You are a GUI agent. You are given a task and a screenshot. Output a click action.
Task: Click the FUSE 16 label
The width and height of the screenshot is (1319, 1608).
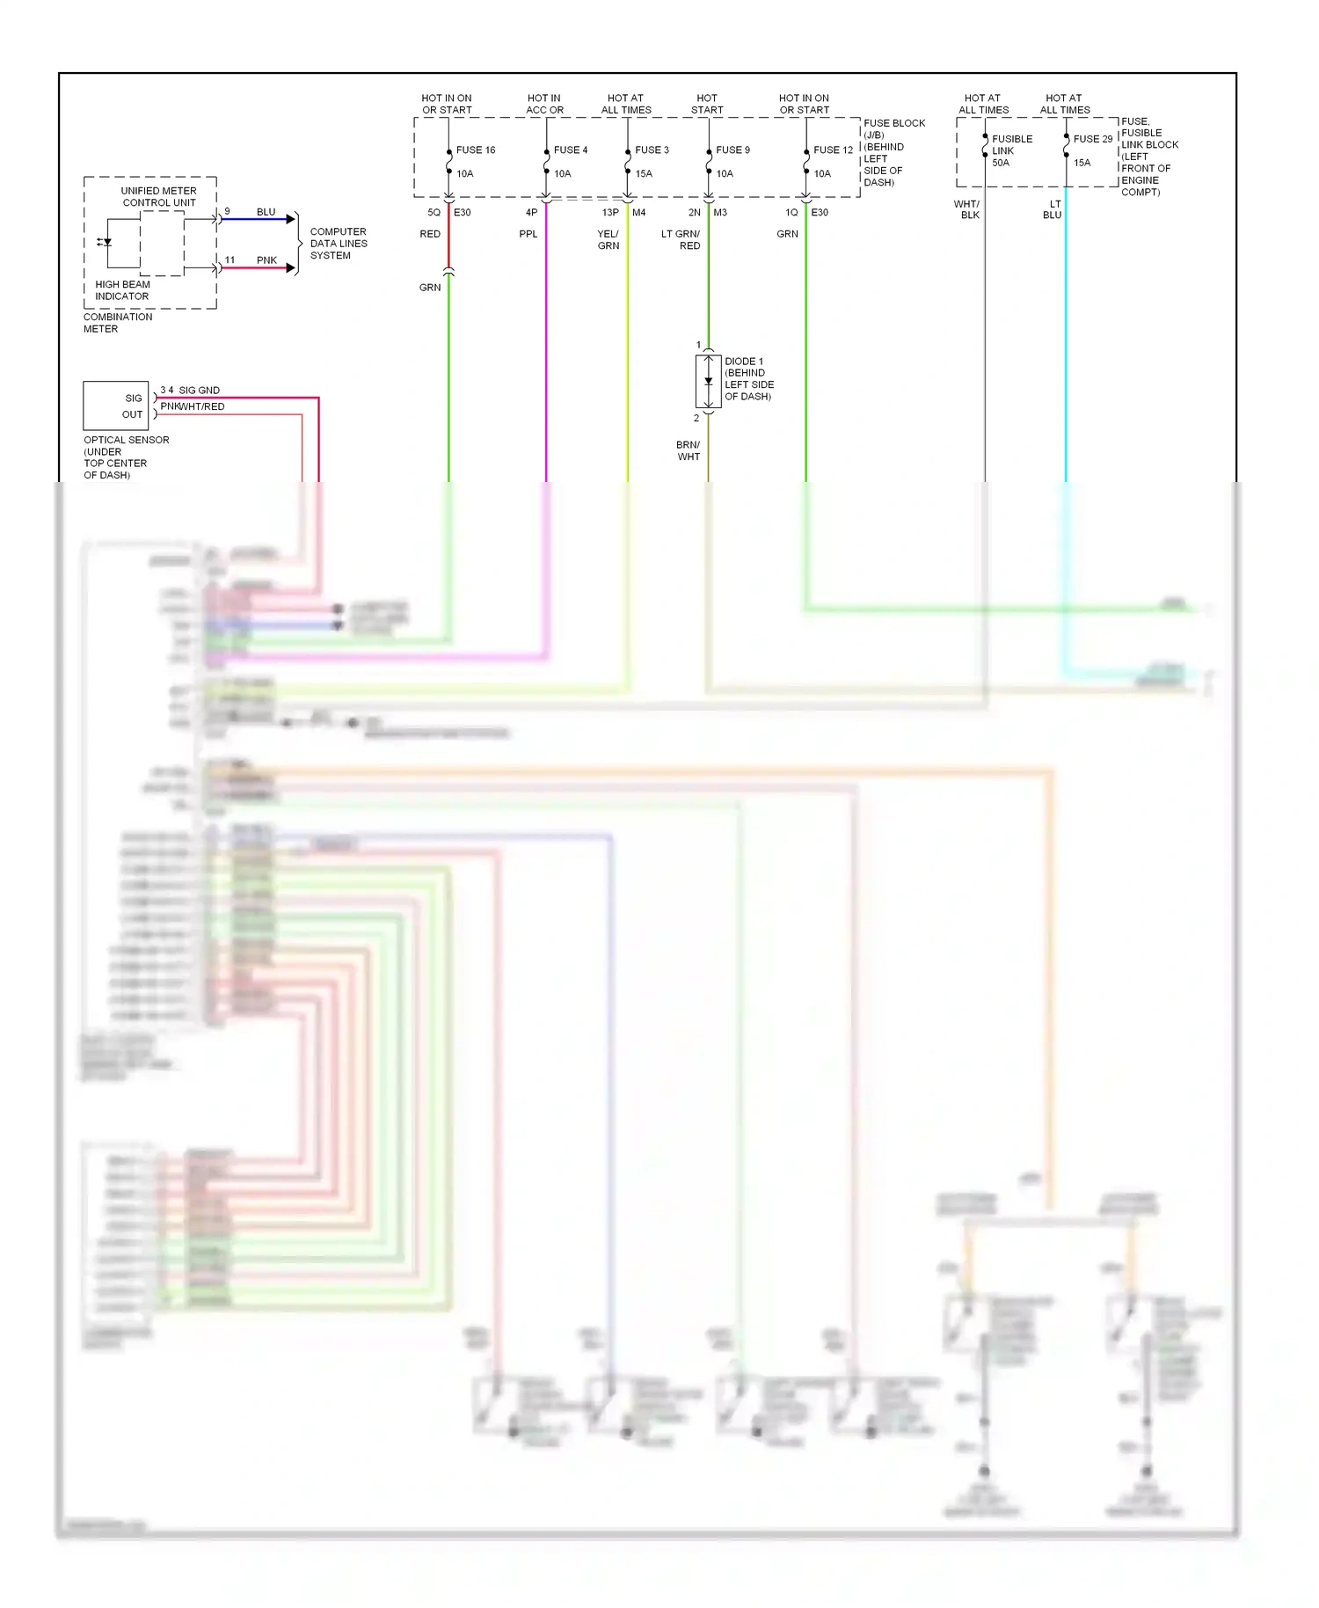(x=475, y=150)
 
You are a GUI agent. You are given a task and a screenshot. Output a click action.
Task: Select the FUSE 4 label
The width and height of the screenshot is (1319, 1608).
(x=570, y=150)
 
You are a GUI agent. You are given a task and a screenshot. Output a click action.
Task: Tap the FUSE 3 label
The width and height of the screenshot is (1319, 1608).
(x=652, y=150)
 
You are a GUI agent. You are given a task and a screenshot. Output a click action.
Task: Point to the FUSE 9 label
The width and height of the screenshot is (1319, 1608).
(x=732, y=150)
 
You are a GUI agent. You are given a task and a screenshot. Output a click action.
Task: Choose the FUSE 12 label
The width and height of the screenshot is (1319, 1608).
(x=833, y=150)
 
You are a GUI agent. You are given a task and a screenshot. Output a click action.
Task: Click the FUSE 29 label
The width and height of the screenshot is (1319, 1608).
(x=1092, y=139)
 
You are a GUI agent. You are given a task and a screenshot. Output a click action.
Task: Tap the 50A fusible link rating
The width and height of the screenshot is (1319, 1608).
(x=1001, y=163)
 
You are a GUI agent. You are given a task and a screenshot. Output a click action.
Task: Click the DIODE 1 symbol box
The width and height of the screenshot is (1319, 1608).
(x=708, y=382)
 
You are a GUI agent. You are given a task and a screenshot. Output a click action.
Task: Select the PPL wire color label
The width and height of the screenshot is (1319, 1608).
(x=528, y=234)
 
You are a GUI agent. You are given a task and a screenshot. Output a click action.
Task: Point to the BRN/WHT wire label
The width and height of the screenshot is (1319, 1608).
(x=689, y=451)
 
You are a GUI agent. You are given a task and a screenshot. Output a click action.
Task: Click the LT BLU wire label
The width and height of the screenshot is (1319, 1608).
(x=1053, y=209)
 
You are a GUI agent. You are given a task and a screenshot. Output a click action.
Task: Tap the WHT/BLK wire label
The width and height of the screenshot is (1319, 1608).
(x=967, y=209)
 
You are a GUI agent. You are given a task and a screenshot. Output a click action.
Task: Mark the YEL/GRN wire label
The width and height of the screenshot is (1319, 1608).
(x=608, y=240)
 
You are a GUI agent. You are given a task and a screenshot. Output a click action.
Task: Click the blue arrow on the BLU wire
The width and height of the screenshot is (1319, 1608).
(x=290, y=219)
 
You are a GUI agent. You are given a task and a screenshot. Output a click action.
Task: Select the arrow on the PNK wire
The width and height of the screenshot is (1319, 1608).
(x=290, y=267)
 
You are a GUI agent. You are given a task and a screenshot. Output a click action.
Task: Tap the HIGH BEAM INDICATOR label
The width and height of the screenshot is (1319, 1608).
(x=122, y=290)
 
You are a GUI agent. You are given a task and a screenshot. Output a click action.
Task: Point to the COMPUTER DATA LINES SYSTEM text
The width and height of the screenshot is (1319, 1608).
(x=339, y=244)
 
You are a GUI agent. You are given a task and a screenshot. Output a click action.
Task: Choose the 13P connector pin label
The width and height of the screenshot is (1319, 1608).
(x=609, y=213)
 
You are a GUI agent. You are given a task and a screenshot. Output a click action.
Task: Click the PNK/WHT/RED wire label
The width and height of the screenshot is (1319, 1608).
(x=193, y=406)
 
